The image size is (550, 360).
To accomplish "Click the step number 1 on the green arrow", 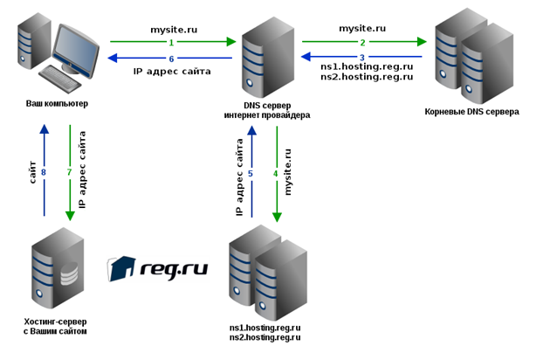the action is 171,43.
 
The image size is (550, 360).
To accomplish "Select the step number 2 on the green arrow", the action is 362,43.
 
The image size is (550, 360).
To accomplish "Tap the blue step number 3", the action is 362,58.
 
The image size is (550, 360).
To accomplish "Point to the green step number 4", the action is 275,174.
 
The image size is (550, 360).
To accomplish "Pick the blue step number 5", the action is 250,174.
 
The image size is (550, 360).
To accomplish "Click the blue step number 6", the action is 171,59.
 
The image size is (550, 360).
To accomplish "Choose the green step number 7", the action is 69,172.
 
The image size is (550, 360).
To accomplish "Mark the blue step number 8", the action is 44,172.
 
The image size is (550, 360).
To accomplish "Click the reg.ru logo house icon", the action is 121,268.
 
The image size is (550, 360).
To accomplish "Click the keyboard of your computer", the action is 59,79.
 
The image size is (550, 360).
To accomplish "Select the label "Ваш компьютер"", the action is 57,104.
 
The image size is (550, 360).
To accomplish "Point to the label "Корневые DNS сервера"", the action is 471,112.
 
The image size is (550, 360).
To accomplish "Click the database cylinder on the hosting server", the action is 69,273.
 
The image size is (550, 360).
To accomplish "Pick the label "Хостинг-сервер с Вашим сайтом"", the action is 55,326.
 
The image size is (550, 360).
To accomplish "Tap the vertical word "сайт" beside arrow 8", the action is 32,172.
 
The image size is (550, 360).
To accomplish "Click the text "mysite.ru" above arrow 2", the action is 362,29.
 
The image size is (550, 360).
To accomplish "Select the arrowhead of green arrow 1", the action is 231,42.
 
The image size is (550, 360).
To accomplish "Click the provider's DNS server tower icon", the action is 268,58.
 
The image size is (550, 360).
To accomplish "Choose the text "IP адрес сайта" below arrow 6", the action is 172,72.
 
